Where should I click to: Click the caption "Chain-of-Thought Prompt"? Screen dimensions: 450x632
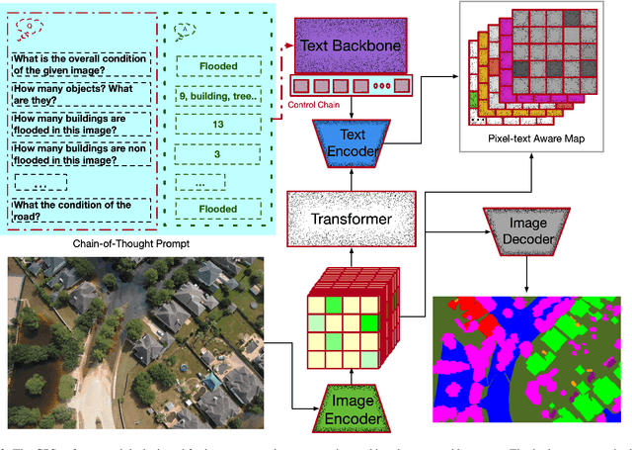point(131,244)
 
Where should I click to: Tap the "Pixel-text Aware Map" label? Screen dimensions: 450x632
point(536,138)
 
